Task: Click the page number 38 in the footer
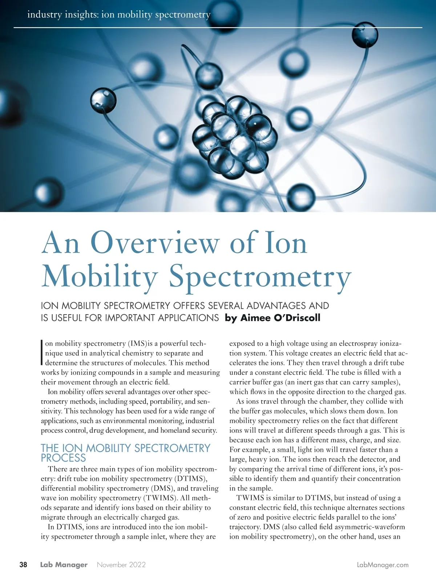pos(23,565)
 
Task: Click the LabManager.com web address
pos(383,565)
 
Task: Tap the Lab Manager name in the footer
pos(64,565)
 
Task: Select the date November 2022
pos(121,565)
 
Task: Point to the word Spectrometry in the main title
pos(260,277)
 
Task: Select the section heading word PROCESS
pos(63,458)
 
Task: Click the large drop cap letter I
pos(42,352)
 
